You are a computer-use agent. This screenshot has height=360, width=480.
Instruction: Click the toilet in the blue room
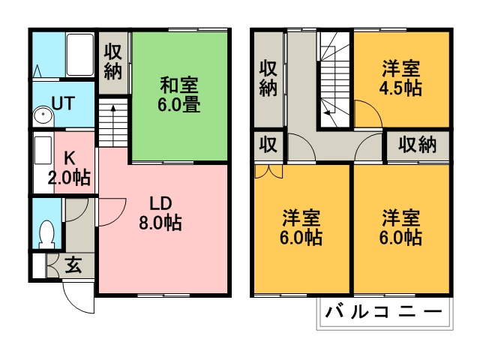point(46,234)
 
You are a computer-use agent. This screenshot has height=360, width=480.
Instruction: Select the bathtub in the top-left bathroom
point(80,55)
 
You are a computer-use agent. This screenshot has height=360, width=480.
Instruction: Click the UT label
point(63,103)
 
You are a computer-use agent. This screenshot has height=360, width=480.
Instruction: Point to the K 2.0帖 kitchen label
point(70,168)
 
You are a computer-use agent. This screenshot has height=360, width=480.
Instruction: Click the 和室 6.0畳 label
point(179,95)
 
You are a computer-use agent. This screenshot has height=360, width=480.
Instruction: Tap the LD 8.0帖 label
point(160,213)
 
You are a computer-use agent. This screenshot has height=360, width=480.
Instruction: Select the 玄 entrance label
point(73,265)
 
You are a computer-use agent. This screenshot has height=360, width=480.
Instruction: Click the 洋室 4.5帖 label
point(400,78)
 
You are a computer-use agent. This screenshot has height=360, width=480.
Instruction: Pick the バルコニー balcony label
point(384,312)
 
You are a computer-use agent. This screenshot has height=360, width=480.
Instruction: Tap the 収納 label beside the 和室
point(113,62)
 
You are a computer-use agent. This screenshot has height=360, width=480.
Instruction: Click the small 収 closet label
point(268,145)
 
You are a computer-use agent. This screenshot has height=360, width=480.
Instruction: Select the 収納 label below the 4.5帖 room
point(417,145)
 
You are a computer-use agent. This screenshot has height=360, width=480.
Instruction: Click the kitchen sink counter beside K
point(43,163)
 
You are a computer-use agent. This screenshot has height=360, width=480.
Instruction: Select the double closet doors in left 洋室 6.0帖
point(268,172)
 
